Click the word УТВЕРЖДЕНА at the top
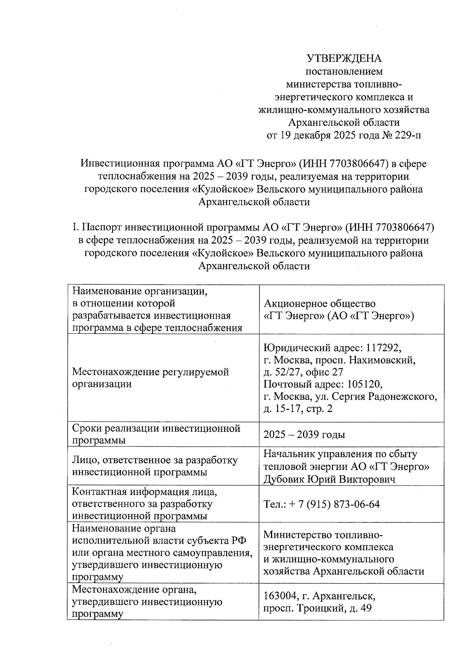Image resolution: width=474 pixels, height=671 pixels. click(344, 59)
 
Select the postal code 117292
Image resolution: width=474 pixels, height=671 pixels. click(383, 348)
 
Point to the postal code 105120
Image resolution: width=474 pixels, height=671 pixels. click(364, 384)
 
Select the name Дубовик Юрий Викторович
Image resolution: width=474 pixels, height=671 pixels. click(329, 479)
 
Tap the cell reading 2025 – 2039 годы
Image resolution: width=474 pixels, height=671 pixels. click(304, 435)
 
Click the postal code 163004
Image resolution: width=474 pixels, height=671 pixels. click(281, 596)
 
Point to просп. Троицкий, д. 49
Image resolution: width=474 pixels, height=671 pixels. click(318, 608)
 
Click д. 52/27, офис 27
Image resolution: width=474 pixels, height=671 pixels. click(303, 372)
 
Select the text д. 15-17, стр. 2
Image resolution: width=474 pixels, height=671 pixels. click(298, 408)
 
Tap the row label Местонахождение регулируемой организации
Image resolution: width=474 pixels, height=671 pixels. click(150, 378)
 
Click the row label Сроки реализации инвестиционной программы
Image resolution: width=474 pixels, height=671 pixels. click(156, 434)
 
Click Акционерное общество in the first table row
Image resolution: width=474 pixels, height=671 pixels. click(319, 303)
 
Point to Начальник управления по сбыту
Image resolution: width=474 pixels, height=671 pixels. click(340, 454)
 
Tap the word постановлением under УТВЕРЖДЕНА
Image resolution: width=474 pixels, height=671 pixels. click(344, 72)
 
